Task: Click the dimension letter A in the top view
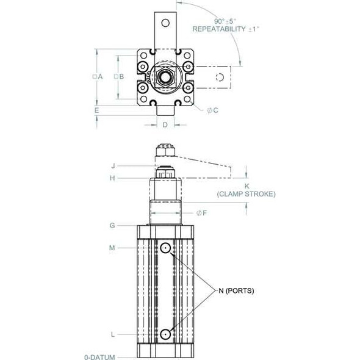click(99, 76)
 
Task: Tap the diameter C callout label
click(216, 110)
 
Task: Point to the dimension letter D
click(164, 125)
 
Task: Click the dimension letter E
click(96, 110)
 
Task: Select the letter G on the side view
click(112, 225)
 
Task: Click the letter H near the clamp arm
click(112, 178)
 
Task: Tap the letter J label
click(113, 165)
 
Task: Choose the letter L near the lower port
click(112, 334)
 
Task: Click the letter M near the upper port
click(112, 247)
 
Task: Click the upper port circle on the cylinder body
click(165, 248)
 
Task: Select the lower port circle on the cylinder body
click(165, 334)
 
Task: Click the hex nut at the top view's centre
click(164, 77)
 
